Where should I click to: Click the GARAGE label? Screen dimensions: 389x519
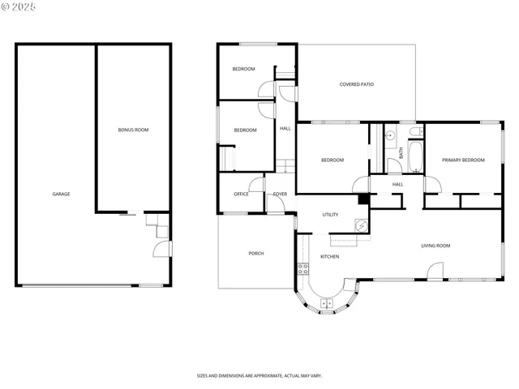(x=61, y=194)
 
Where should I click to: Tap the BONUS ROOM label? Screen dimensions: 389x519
(x=133, y=130)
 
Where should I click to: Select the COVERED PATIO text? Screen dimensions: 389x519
(x=356, y=84)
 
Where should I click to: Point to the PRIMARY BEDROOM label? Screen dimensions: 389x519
(x=463, y=160)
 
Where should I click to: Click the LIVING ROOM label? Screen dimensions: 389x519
(x=435, y=246)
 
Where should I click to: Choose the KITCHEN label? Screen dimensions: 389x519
(x=329, y=257)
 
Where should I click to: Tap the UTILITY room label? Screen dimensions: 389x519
(x=330, y=215)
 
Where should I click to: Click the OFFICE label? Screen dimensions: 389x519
(x=241, y=194)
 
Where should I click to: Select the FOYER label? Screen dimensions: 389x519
(x=280, y=194)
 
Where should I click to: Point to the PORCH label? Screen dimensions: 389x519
(x=255, y=254)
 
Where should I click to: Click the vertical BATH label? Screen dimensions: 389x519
(x=401, y=152)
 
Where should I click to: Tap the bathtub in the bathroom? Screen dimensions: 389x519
(x=415, y=157)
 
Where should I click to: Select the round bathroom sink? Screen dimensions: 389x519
(x=389, y=135)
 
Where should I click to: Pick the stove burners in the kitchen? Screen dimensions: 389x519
(x=302, y=267)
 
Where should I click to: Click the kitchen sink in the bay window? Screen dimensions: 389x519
(x=328, y=303)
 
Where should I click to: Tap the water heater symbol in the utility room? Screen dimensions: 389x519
(x=362, y=228)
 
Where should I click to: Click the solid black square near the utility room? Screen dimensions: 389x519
(x=363, y=199)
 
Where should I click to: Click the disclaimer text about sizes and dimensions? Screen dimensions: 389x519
(x=259, y=375)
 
